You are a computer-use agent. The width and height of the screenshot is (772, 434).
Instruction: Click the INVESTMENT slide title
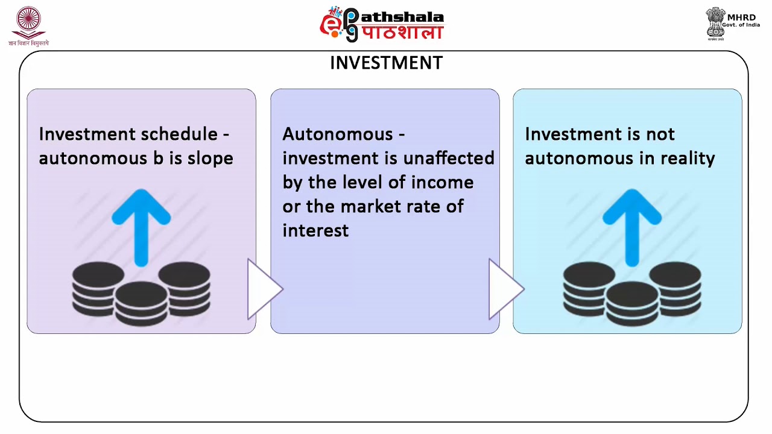pos(386,63)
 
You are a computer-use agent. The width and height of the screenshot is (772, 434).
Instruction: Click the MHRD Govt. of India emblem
pos(716,24)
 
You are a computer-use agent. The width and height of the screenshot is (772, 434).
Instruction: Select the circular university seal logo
pos(28,23)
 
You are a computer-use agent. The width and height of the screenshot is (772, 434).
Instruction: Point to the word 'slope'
pos(212,158)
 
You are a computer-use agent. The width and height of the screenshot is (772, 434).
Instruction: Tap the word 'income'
pos(443,182)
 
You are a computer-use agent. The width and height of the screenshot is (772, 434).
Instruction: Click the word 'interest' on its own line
pos(315,230)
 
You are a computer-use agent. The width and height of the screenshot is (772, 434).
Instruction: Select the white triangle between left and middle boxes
pos(262,289)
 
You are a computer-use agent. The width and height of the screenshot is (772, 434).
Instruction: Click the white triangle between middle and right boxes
pos(504,289)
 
